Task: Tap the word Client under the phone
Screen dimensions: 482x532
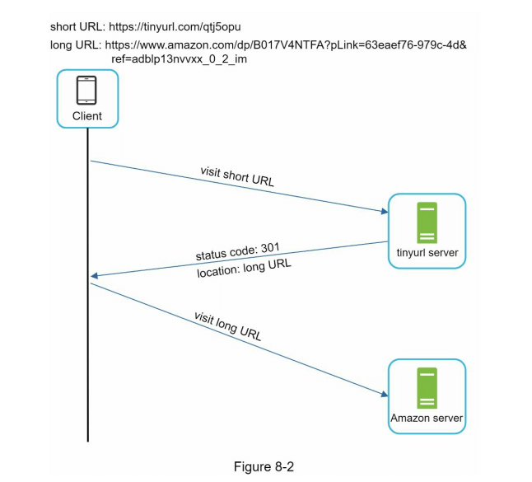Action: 86,116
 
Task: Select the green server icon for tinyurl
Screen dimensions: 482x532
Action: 427,220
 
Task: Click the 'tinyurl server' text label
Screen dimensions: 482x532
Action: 427,253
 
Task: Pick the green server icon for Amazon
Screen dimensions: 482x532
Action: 427,388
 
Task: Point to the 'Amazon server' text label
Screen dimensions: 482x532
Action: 427,419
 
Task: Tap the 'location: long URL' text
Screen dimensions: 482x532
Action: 244,267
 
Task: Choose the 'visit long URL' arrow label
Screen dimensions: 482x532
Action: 227,326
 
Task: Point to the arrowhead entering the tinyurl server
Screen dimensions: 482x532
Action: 384,212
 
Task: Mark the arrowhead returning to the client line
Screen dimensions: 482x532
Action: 95,275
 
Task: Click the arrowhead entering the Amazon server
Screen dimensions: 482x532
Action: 384,395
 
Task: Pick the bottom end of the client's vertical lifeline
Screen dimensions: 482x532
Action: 87,441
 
